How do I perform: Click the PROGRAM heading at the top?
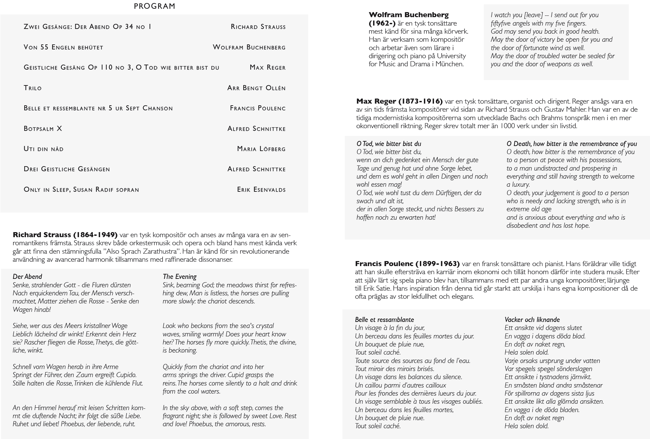tap(154, 6)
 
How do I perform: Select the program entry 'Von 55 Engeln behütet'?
tap(63, 47)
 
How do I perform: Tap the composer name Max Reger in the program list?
tap(267, 68)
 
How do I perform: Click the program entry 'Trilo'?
tap(33, 88)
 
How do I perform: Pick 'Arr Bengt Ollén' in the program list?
tap(256, 88)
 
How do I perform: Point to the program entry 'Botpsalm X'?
tap(43, 129)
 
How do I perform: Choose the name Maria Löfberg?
tap(261, 149)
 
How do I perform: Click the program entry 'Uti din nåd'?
tap(43, 149)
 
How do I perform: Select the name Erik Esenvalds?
tap(261, 189)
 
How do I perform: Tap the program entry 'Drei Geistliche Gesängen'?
tap(67, 169)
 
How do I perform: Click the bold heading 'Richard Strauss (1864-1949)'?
tap(65, 234)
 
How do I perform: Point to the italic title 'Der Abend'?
tap(27, 277)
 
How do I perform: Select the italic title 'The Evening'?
tap(179, 277)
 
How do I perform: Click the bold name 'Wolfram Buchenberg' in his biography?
tap(408, 15)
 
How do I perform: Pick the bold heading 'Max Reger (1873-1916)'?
tap(399, 101)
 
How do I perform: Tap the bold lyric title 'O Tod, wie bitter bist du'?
tap(389, 144)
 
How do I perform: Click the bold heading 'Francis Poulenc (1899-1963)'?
tap(407, 264)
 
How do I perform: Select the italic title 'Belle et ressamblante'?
tap(384, 320)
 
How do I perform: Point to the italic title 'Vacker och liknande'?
tap(532, 320)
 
